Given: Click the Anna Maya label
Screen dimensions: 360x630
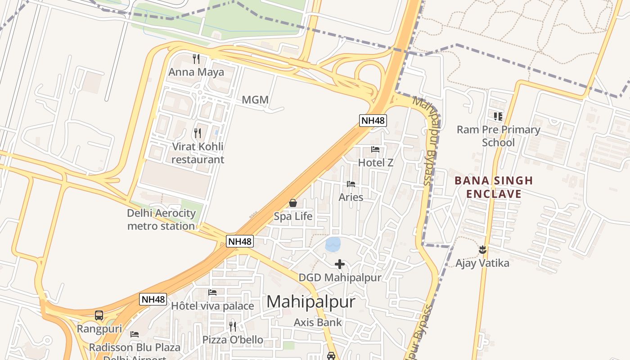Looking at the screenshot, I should [x=196, y=72].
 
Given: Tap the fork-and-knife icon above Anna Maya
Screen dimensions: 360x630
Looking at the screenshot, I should [x=196, y=58].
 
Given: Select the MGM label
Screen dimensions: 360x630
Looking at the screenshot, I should [x=255, y=99].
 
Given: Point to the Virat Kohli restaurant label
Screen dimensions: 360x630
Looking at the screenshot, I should [x=198, y=153].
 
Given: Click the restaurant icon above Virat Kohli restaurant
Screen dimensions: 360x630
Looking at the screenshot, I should [x=197, y=133].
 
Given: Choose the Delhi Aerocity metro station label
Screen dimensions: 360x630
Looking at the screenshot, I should [x=161, y=219].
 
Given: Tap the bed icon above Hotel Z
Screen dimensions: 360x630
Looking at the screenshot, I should [x=375, y=149].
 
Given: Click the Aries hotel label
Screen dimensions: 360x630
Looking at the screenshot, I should [x=351, y=197].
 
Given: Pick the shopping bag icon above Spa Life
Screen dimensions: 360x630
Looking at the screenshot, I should [x=293, y=203].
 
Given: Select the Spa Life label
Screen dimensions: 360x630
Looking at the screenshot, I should [x=293, y=216].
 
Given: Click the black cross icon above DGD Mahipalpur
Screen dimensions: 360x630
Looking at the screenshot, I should [x=340, y=264].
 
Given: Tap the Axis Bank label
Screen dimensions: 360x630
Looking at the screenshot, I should [x=318, y=322].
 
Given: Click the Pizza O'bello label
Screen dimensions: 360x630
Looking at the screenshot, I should [x=233, y=339].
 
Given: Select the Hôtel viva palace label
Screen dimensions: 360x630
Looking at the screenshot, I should [x=212, y=306].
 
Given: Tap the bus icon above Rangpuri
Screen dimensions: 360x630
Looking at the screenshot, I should [x=99, y=315].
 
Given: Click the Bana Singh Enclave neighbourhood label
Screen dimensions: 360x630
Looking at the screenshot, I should [x=494, y=187].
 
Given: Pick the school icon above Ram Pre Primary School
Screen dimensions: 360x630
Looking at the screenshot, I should [x=498, y=117].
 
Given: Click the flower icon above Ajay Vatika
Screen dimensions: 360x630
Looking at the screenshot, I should [x=482, y=249].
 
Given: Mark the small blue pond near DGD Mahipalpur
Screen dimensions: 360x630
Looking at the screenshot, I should [x=333, y=244].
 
